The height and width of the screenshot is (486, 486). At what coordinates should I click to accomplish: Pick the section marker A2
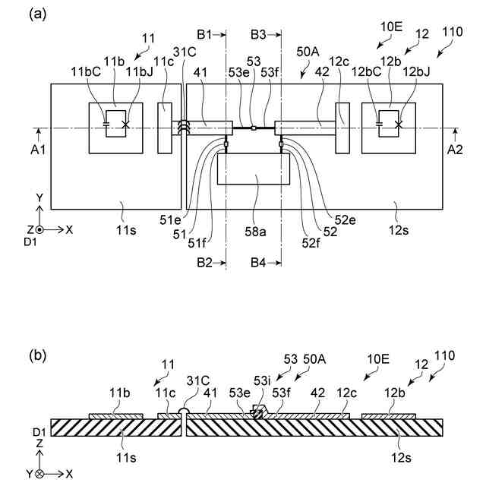(455, 149)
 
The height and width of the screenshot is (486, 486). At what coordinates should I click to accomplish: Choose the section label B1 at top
(206, 34)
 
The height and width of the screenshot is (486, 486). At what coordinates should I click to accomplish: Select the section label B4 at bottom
(260, 263)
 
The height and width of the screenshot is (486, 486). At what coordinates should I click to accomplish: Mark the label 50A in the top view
(308, 52)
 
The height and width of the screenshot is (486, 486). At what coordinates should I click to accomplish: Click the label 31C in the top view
(185, 52)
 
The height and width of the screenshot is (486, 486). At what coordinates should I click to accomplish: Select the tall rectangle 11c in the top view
(166, 128)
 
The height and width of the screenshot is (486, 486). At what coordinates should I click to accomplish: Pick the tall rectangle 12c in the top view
(341, 128)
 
